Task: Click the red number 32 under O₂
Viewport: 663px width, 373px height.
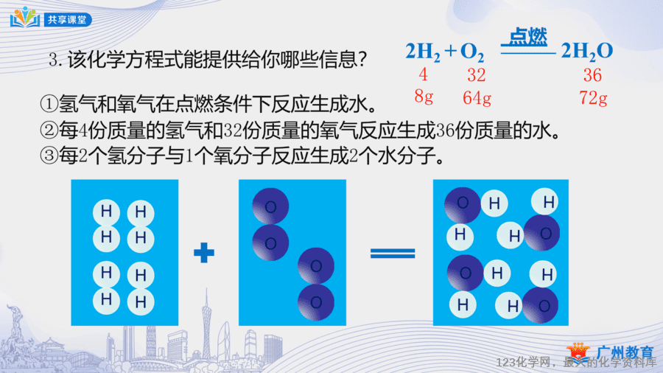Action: [x=476, y=75]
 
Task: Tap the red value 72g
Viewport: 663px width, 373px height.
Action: [x=593, y=98]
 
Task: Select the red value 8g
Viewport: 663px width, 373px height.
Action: [x=424, y=97]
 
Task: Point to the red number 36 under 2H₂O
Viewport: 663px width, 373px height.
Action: [x=592, y=75]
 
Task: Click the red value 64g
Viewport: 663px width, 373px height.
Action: [x=477, y=98]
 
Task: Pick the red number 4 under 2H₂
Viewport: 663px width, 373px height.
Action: [x=424, y=75]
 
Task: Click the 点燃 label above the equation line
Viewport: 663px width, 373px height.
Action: [x=527, y=37]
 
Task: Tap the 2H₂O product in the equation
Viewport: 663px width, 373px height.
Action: [x=587, y=52]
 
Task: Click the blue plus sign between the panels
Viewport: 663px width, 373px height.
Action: [x=204, y=252]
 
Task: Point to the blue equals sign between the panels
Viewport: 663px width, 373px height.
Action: [x=393, y=253]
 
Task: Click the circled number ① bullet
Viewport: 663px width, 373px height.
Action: [x=49, y=104]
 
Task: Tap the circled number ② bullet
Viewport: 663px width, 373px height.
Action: [x=49, y=130]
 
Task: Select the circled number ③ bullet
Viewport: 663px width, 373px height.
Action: [x=49, y=156]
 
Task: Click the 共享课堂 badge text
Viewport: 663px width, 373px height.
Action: [x=67, y=20]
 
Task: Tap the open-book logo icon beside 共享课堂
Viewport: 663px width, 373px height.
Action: [x=25, y=17]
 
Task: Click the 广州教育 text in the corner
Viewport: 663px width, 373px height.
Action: [x=625, y=352]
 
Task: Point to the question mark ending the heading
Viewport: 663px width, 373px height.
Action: [x=361, y=60]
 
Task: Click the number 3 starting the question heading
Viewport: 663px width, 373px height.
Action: [x=53, y=60]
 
